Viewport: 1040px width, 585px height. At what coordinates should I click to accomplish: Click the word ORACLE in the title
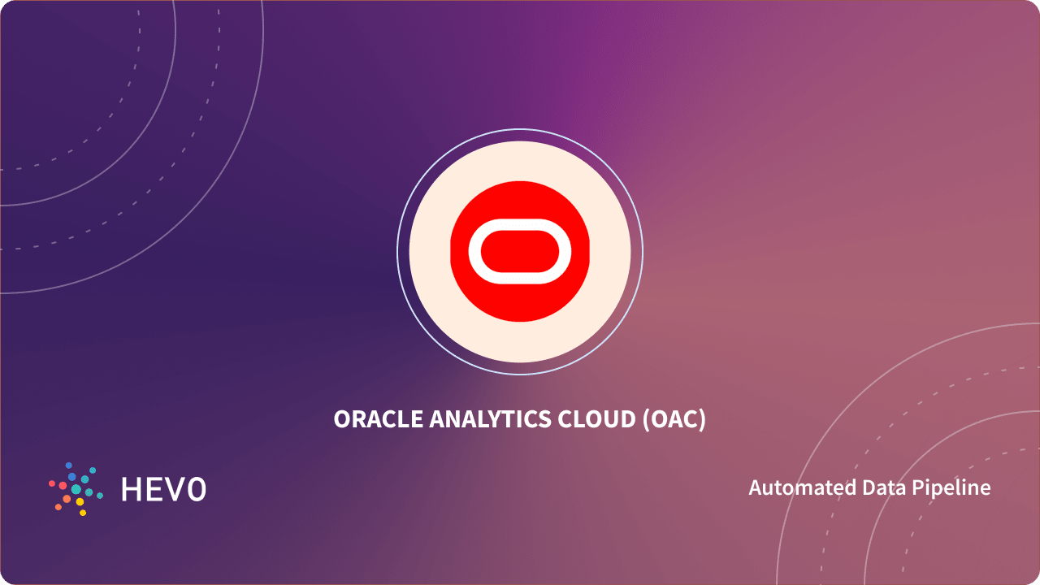378,419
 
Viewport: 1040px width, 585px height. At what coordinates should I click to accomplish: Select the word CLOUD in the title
596,419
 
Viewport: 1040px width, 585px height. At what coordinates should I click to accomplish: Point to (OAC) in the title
674,420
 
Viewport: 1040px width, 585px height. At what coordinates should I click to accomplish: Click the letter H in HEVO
131,489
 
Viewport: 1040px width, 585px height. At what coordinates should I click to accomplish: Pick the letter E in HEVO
154,489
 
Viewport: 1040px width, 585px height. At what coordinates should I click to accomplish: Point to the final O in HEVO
197,489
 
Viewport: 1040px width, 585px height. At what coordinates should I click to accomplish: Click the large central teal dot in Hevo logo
76,489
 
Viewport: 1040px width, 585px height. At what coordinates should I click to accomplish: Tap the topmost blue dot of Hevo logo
69,466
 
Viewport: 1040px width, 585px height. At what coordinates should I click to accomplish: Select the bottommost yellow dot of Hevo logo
83,513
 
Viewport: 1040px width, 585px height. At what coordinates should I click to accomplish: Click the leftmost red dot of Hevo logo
52,483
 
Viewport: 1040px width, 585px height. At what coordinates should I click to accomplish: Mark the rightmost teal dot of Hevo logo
100,496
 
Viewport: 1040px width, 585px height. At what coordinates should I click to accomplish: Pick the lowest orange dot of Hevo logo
58,507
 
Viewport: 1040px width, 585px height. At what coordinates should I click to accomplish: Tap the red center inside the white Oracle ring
520,251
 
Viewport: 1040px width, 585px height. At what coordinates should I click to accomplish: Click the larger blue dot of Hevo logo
72,477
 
